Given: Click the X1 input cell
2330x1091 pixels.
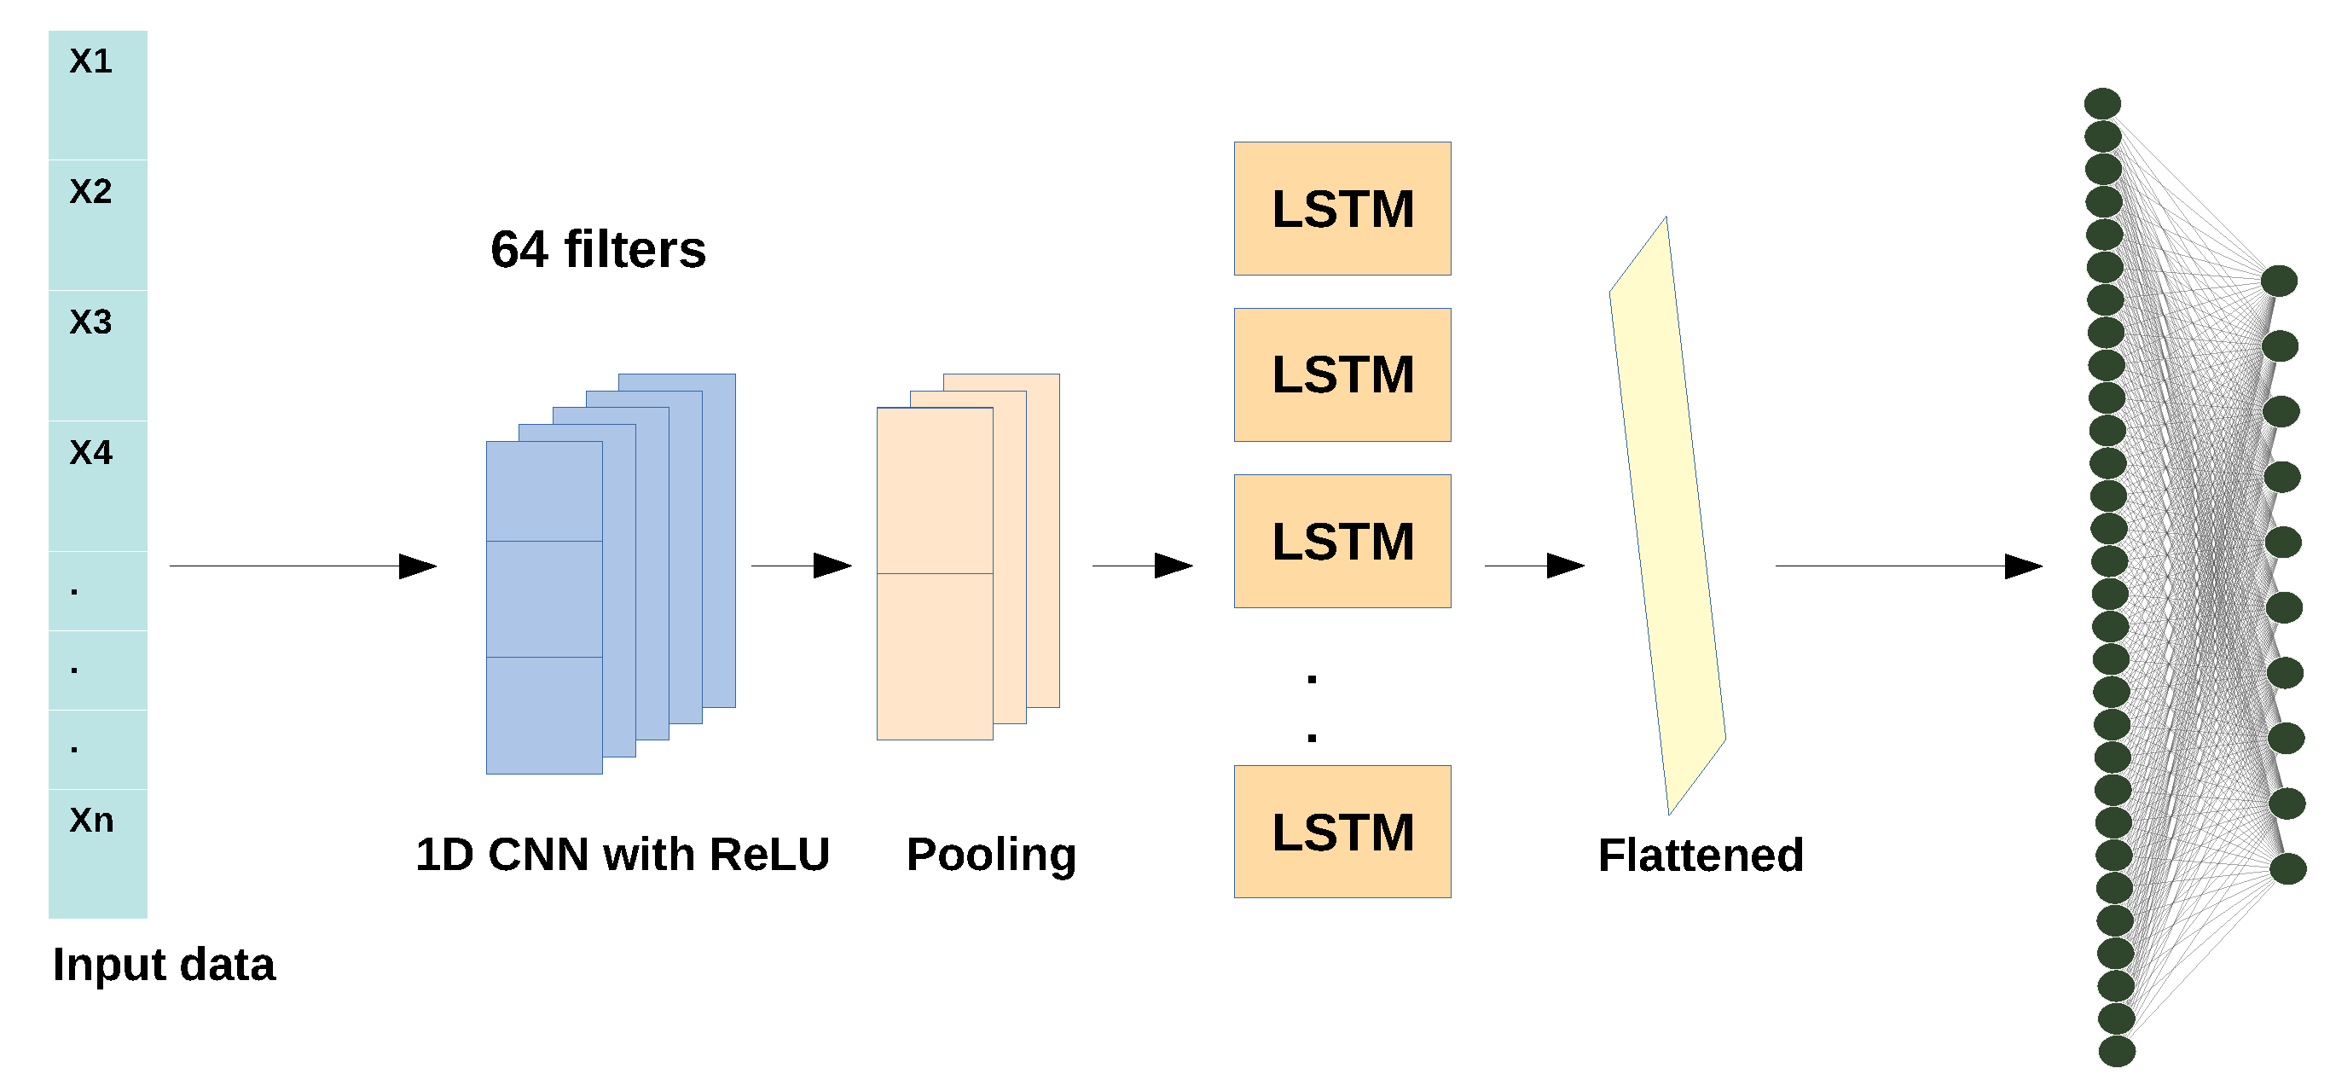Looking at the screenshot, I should (98, 94).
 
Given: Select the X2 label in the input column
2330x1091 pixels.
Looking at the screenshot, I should (90, 192).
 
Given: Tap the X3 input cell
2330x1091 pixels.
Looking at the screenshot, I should (98, 355).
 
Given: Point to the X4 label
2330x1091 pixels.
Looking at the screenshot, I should (90, 452).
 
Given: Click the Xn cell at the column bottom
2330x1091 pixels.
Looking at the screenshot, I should (98, 852).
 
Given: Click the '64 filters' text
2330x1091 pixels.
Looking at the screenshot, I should (598, 250).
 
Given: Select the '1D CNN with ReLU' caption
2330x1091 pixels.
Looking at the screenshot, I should (623, 855).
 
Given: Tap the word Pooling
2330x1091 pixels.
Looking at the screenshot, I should (991, 855).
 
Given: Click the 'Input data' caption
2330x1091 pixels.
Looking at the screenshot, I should (164, 965).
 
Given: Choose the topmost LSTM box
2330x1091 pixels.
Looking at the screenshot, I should (1342, 209).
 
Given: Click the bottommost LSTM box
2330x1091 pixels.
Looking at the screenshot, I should (1342, 833).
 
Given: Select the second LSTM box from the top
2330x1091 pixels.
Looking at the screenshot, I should (1342, 375).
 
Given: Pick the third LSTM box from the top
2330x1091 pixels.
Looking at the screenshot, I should (1342, 542).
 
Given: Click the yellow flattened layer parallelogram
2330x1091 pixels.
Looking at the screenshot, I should (1667, 516).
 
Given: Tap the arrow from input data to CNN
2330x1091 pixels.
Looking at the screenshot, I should (303, 566).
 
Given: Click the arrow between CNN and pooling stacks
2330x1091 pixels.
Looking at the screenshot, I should (802, 566).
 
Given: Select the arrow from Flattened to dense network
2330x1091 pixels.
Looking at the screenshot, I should (1909, 566).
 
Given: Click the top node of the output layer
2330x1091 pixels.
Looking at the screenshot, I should (2280, 281).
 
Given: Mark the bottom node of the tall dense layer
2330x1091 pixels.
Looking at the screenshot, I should (2117, 1051).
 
